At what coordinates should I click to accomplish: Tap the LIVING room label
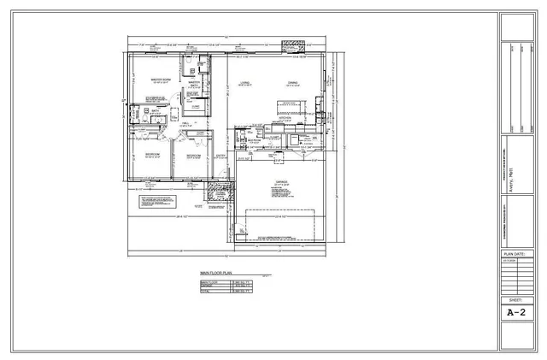point(244,83)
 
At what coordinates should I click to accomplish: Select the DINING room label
point(292,83)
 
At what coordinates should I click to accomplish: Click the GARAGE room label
point(281,182)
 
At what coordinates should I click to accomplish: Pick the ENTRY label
point(221,156)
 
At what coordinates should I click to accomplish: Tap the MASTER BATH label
point(194,84)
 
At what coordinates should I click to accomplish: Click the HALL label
point(186,124)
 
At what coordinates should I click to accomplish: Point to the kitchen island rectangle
point(291,103)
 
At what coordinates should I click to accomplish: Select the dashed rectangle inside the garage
point(279,224)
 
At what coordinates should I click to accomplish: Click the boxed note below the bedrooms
point(157,202)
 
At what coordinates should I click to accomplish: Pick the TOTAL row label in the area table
point(205,291)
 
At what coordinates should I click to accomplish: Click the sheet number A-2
point(515,314)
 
